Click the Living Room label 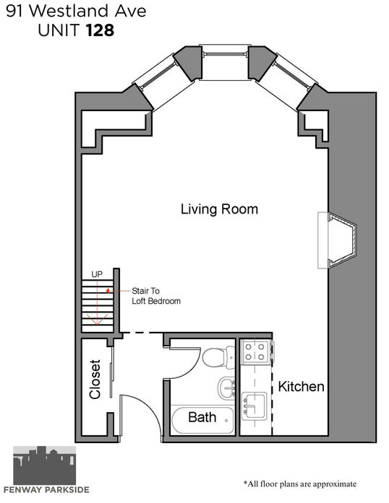pos(219,209)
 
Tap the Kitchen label pos(301,387)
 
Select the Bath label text pos(202,417)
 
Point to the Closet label pos(95,380)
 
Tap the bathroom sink pos(227,388)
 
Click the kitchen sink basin pos(254,406)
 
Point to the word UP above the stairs pos(97,274)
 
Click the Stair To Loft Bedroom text pos(156,296)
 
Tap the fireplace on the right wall pos(337,240)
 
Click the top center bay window pos(225,54)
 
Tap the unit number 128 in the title pos(100,30)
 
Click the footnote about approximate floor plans pos(300,484)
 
